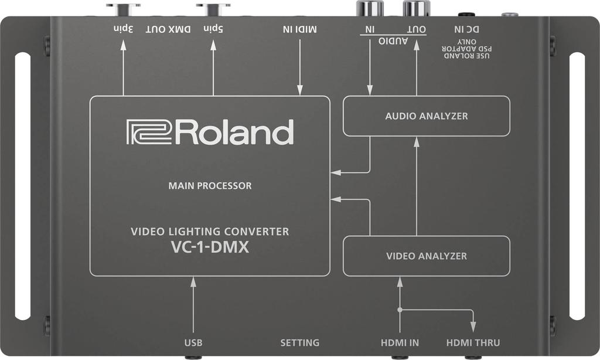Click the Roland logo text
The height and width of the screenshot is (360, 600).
pyautogui.click(x=210, y=133)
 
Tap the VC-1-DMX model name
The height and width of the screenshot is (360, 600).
pyautogui.click(x=210, y=248)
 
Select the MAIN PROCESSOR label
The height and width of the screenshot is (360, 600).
pyautogui.click(x=210, y=186)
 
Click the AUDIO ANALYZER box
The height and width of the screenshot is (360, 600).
pyautogui.click(x=426, y=116)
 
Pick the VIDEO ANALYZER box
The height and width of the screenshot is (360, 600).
pyautogui.click(x=426, y=256)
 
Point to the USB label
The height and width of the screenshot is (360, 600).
pyautogui.click(x=193, y=342)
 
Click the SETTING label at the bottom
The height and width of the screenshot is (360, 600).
pyautogui.click(x=299, y=342)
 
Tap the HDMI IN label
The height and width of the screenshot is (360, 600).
pyautogui.click(x=399, y=342)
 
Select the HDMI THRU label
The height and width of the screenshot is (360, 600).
pyautogui.click(x=473, y=342)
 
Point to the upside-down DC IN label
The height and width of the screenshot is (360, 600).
pyautogui.click(x=466, y=28)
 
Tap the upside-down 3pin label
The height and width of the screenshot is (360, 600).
pyautogui.click(x=124, y=28)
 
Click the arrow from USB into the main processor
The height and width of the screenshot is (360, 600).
pyautogui.click(x=193, y=305)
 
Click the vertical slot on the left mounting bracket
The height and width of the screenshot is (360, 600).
pyautogui.click(x=23, y=186)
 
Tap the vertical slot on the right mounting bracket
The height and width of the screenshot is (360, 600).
pyautogui.click(x=577, y=186)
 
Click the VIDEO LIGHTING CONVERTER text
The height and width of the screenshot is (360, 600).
pyautogui.click(x=210, y=232)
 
